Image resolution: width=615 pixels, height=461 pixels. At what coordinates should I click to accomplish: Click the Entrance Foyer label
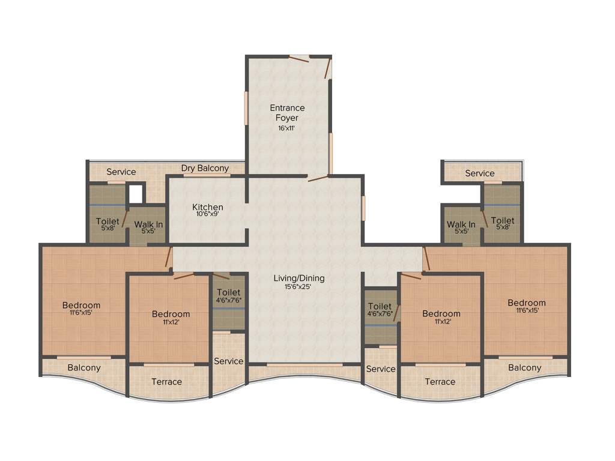click(287, 113)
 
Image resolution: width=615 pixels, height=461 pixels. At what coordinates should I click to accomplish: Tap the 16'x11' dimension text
click(287, 128)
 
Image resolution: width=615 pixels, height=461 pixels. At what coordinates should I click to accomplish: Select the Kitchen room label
click(208, 207)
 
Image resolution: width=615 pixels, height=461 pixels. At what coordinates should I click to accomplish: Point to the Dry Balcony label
click(205, 168)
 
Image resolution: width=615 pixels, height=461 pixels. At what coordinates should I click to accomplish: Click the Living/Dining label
click(298, 278)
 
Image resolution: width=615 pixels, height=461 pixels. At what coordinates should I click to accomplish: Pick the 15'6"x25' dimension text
click(298, 287)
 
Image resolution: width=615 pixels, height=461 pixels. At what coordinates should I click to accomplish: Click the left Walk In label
click(148, 225)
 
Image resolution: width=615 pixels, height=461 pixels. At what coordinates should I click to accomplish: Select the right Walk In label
click(461, 225)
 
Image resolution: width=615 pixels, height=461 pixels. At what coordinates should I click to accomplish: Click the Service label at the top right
click(480, 173)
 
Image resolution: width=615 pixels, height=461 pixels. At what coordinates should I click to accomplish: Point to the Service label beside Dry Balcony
click(121, 172)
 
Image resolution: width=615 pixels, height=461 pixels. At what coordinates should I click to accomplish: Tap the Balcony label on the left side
click(84, 367)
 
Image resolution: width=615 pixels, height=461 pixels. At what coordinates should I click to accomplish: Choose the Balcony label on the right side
click(525, 367)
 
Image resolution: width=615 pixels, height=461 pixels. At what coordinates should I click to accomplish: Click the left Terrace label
click(166, 382)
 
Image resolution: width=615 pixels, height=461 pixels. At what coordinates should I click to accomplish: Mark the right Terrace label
click(440, 382)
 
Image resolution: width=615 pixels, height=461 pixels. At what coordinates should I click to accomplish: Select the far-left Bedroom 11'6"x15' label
click(82, 306)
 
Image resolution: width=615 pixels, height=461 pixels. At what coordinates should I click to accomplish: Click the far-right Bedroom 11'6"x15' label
click(527, 303)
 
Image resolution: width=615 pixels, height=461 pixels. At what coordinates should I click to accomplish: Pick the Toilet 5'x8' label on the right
click(503, 221)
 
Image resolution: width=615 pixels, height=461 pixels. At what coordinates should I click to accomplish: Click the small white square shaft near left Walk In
click(136, 193)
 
